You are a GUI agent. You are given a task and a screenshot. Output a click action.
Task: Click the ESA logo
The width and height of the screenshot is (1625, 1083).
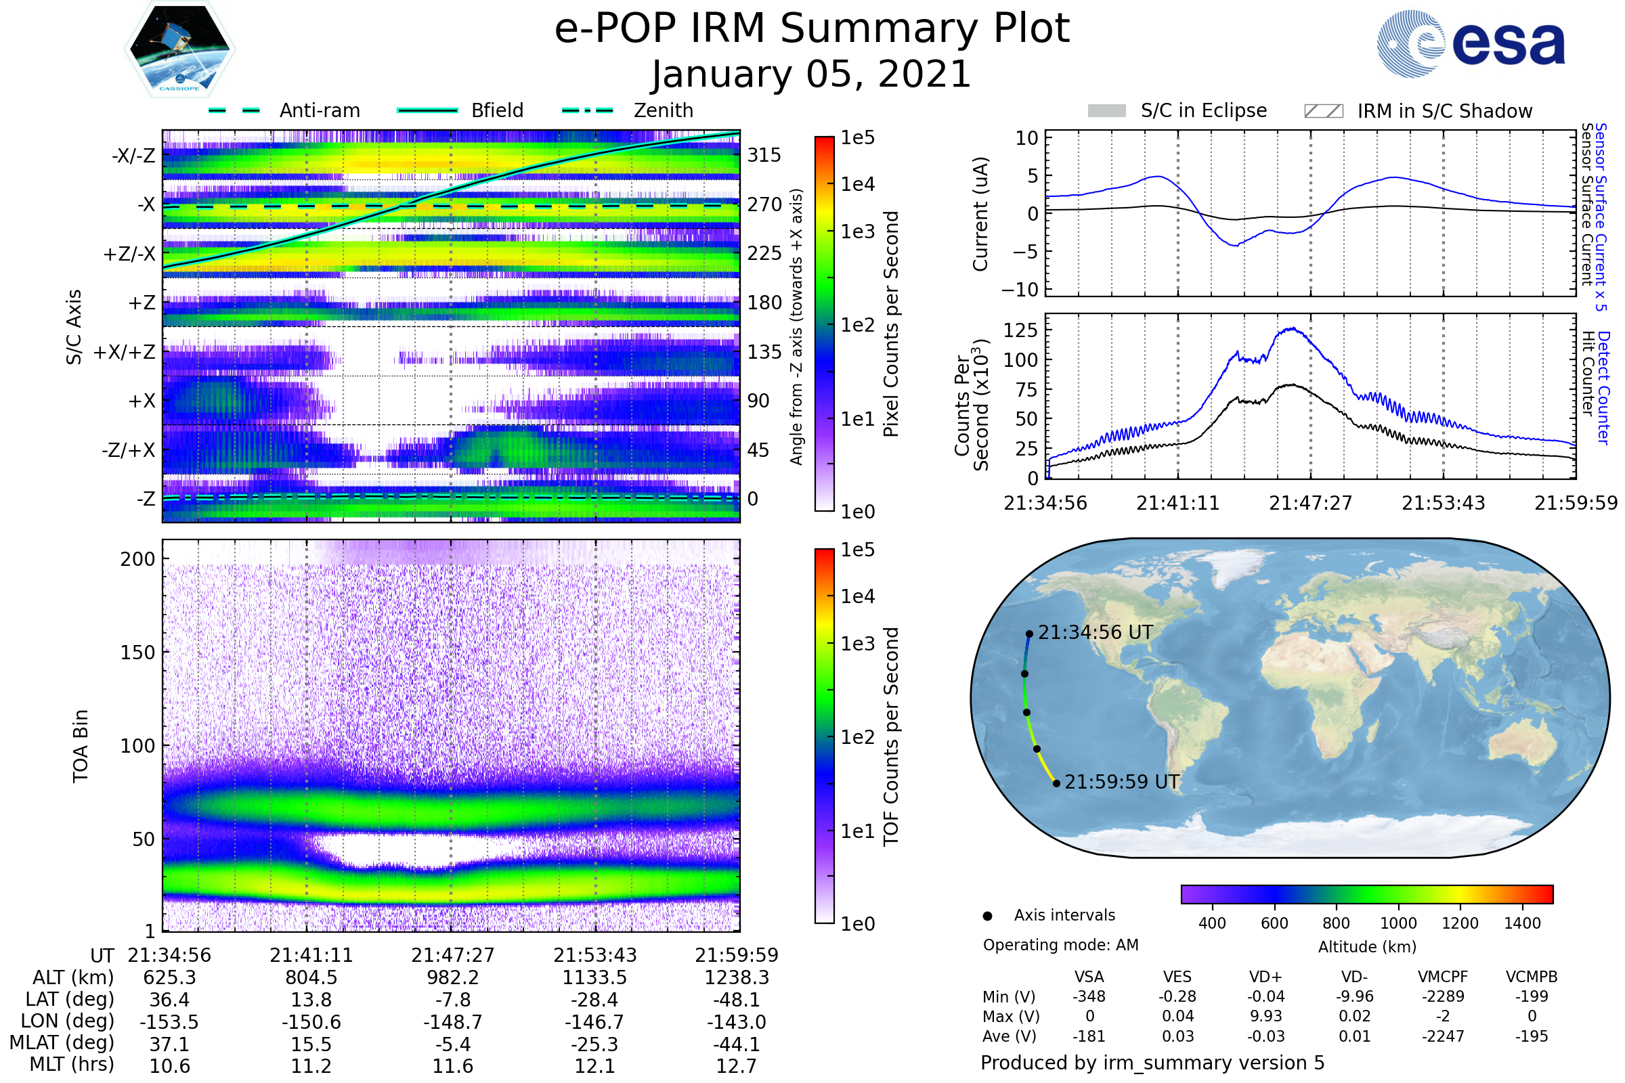coord(1471,43)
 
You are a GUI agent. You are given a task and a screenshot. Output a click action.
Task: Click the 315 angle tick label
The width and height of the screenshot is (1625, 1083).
coord(764,155)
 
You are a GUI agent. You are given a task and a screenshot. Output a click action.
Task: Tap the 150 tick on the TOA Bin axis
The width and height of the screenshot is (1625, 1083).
coord(137,653)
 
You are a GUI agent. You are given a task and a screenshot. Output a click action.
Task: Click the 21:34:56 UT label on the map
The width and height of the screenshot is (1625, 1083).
coord(1095,633)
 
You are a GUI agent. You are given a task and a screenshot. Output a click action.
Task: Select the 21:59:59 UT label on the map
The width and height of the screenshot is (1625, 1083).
coord(1122,782)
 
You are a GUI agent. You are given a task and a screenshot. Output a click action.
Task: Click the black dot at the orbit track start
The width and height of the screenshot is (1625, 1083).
coord(1029,634)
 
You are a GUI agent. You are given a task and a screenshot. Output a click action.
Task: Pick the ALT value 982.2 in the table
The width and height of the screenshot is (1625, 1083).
coord(452,977)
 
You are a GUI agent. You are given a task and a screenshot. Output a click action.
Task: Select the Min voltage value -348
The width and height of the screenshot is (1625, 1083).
coord(1089,996)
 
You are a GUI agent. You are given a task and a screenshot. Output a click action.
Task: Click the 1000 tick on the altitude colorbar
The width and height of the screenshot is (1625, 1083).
coord(1398,923)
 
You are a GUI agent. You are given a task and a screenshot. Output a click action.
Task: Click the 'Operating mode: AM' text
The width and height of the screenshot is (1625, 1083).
coord(1060,945)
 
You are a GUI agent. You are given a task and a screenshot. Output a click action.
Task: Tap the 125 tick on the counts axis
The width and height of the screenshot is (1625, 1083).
coord(1020,330)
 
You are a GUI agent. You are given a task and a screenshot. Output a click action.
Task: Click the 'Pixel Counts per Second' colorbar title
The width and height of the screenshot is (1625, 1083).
coord(891,324)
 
